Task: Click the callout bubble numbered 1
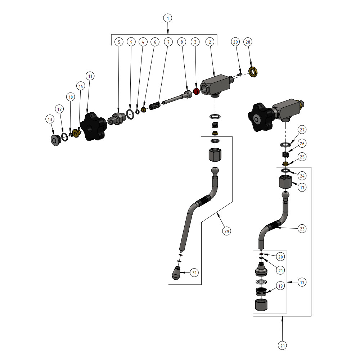point(167,18)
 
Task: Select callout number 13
point(49,119)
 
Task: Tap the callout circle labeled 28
point(247,42)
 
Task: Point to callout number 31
point(194,273)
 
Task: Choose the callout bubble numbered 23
point(302,228)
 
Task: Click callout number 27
point(302,130)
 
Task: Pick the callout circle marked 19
point(280,286)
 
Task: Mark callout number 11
point(90,76)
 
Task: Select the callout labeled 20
point(280,257)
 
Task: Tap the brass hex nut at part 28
point(253,72)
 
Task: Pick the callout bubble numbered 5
point(119,42)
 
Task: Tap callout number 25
point(302,157)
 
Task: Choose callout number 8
point(182,42)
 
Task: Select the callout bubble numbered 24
point(302,176)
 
